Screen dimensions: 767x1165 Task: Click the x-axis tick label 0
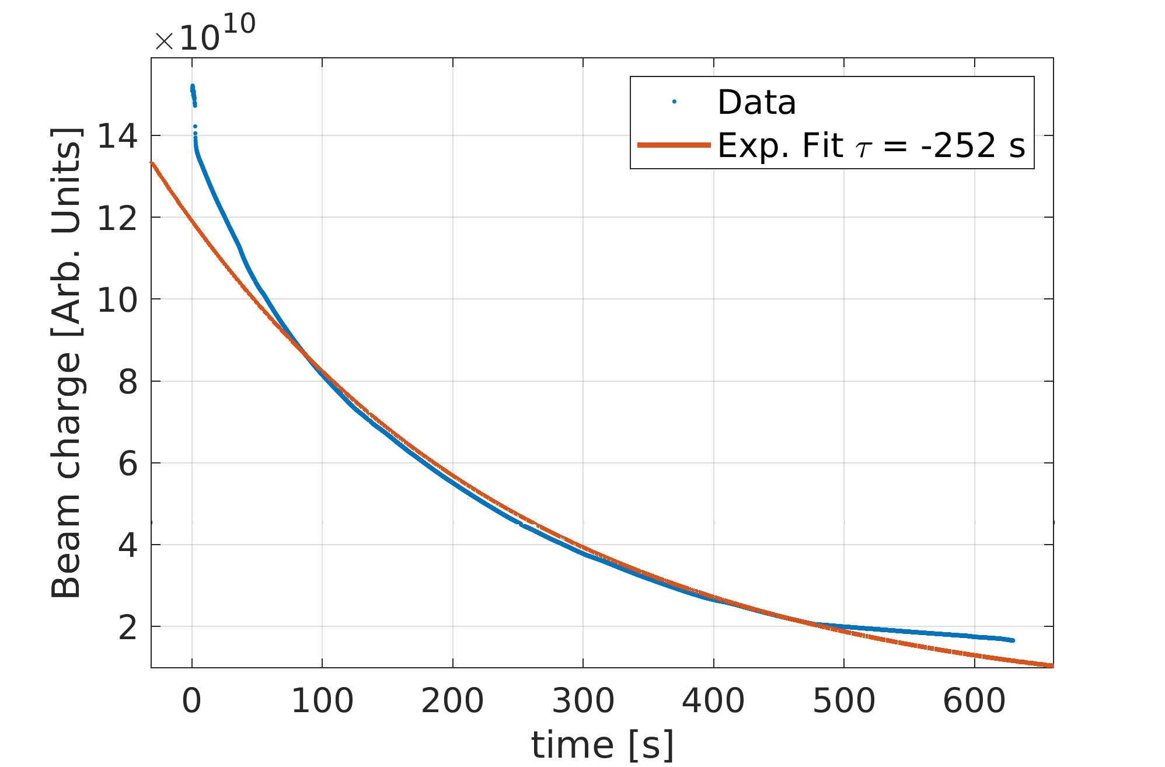(191, 701)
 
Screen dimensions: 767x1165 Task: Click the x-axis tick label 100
(322, 701)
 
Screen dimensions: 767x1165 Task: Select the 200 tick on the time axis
(452, 701)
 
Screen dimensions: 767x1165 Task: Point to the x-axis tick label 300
(583, 701)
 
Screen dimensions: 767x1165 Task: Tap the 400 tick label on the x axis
(713, 701)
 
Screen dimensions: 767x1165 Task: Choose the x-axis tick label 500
(844, 701)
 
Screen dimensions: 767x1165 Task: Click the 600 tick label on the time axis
(974, 701)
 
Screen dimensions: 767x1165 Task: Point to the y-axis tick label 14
(117, 137)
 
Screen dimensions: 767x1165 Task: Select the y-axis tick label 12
(117, 218)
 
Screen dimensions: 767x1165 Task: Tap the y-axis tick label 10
(117, 300)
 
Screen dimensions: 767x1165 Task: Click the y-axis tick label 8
(128, 382)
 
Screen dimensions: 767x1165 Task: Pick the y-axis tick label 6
(128, 464)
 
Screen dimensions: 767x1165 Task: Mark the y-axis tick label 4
(128, 546)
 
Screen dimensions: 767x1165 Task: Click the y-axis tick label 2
(128, 627)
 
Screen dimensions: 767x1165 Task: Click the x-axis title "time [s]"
(602, 745)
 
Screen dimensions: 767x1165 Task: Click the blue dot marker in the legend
(674, 102)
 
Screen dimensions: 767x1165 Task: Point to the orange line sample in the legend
(674, 145)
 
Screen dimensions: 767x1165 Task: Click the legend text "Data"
(756, 103)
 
